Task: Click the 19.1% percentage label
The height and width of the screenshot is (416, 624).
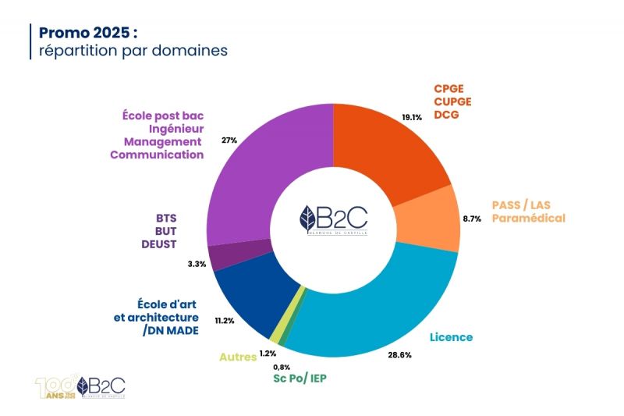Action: pos(412,118)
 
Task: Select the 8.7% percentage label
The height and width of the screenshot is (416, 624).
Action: pos(471,219)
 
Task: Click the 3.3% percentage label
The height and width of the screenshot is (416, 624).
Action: pos(197,264)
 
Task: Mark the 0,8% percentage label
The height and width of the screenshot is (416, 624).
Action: pos(282,367)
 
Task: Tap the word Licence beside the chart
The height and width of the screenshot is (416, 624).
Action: pos(452,337)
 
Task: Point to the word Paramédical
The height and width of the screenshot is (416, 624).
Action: pos(528,219)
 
